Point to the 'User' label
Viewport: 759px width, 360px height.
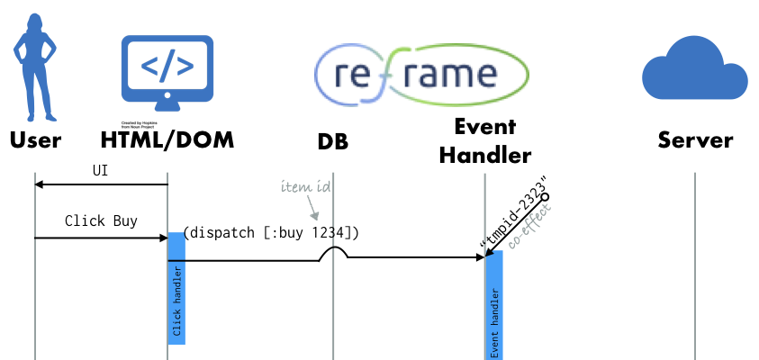click(x=35, y=140)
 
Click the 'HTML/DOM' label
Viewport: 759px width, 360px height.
click(x=167, y=140)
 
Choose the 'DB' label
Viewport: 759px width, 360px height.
click(x=332, y=142)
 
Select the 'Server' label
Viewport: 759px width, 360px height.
click(x=695, y=140)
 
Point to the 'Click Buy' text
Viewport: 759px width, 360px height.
click(x=101, y=220)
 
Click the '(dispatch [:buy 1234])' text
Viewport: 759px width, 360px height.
click(x=271, y=233)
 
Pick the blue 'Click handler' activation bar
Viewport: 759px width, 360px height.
click(x=176, y=288)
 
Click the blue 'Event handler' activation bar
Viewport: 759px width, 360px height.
click(x=493, y=306)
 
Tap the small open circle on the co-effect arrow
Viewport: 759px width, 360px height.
click(x=544, y=195)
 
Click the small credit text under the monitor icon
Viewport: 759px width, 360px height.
click(x=144, y=123)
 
